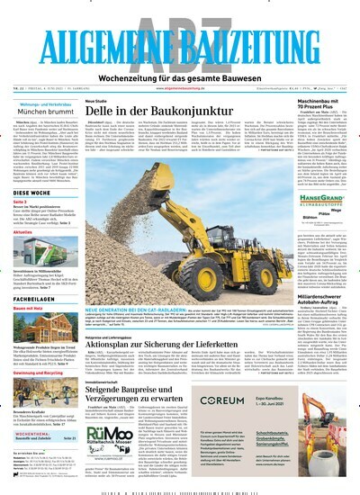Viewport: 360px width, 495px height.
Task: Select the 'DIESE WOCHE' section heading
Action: (x=32, y=193)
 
